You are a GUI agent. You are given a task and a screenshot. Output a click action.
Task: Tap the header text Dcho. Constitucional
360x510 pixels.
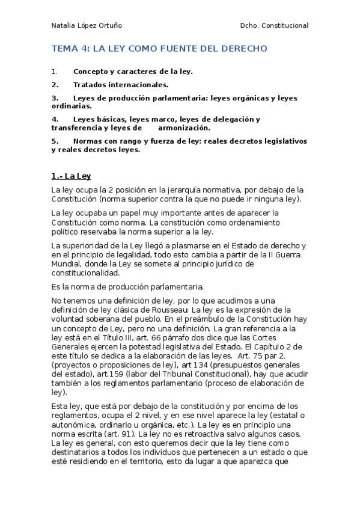[x=273, y=26]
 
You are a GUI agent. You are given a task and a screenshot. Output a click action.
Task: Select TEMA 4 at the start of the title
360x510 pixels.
[x=70, y=49]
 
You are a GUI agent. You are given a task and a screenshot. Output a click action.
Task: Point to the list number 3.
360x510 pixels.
[x=55, y=97]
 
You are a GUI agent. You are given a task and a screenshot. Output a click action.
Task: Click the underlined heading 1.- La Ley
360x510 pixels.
[x=71, y=176]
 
